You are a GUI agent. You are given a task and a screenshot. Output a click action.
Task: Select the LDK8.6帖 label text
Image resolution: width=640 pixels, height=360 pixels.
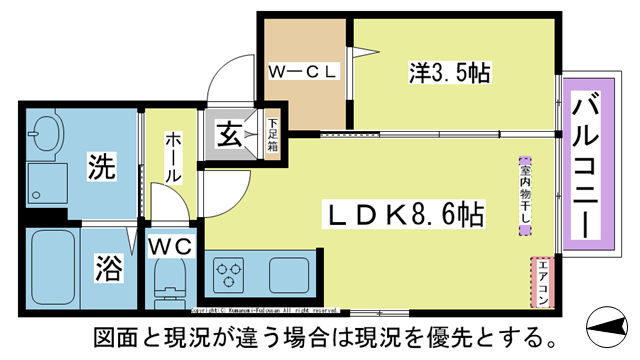tap(404, 214)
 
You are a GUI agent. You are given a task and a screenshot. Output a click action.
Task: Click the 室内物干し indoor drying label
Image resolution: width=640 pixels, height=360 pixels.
tap(523, 195)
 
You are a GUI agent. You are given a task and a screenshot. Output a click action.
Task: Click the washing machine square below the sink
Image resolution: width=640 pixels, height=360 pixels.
tap(46, 182)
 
